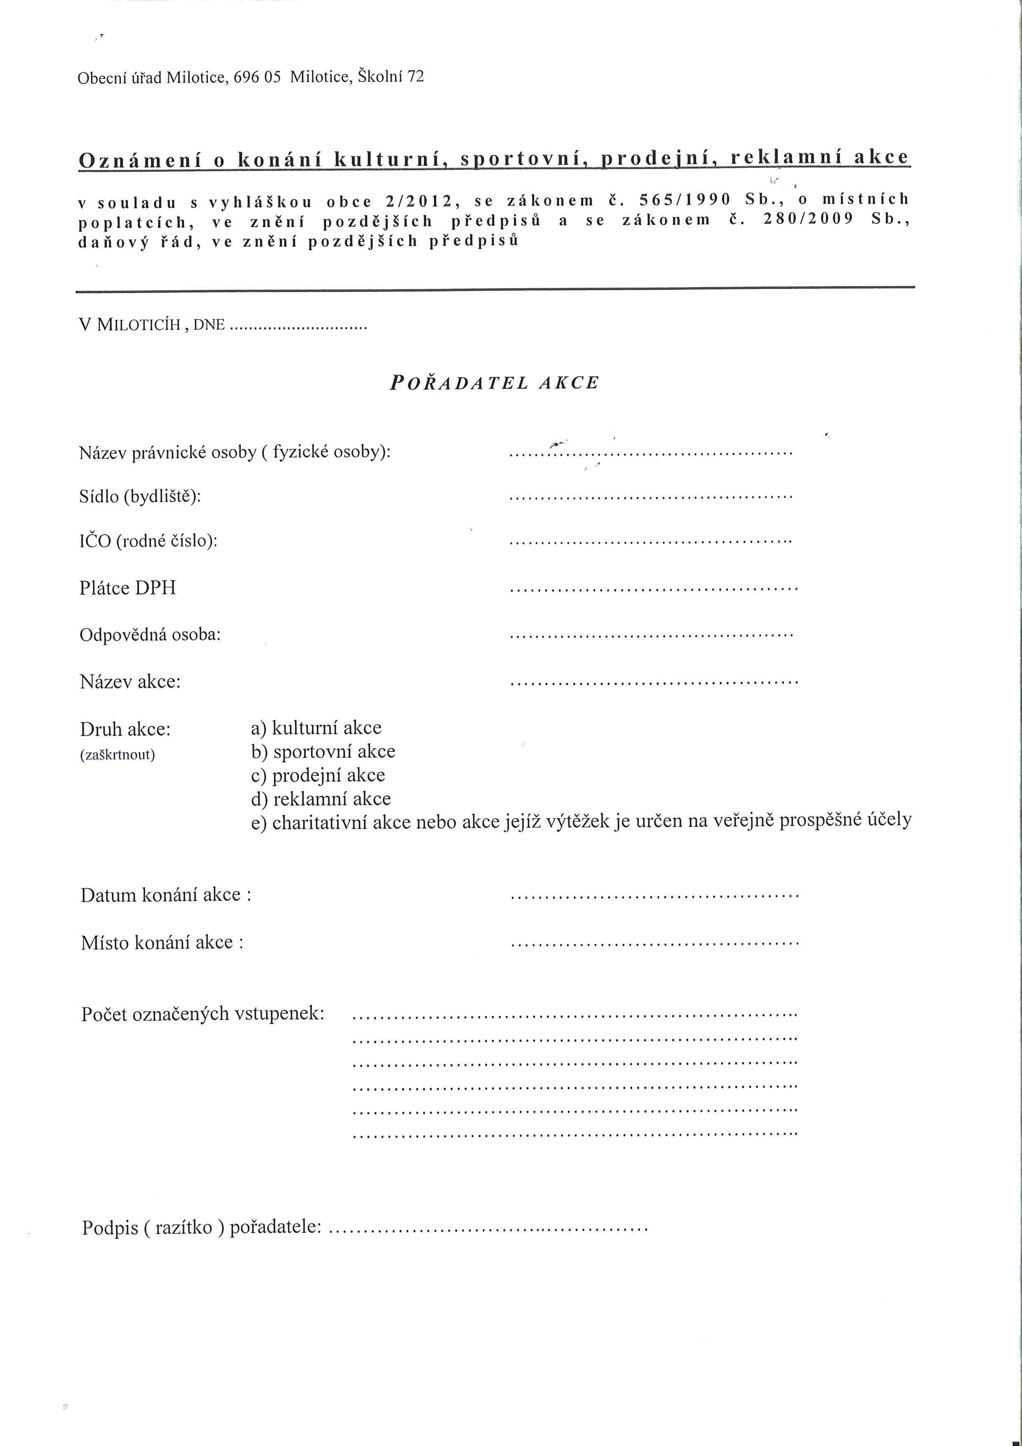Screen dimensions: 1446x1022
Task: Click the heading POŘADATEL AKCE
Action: pyautogui.click(x=495, y=383)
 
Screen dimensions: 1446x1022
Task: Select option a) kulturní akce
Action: pyautogui.click(x=316, y=728)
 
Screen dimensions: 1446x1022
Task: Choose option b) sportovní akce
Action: pyautogui.click(x=323, y=752)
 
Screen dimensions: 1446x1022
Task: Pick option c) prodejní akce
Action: pyautogui.click(x=318, y=775)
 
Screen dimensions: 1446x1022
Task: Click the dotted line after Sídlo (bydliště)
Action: pyautogui.click(x=650, y=497)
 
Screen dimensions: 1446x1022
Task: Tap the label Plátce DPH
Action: pyautogui.click(x=128, y=588)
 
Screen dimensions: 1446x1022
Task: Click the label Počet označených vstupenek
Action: pyautogui.click(x=203, y=1014)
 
